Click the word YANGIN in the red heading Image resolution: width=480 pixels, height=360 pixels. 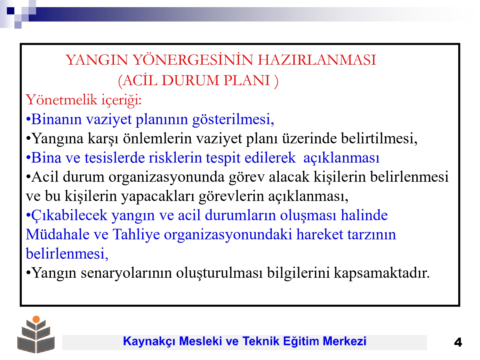(96, 60)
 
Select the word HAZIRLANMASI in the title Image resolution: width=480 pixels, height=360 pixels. (317, 60)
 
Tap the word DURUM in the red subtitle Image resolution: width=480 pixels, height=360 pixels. (190, 80)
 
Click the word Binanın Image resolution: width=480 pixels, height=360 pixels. (56, 119)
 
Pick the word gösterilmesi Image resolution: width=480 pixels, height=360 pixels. (233, 120)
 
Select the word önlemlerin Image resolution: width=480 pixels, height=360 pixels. (157, 138)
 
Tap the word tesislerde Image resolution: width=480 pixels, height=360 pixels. (115, 158)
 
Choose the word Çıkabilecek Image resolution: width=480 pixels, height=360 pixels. (69, 215)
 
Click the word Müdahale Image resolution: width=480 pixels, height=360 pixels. (58, 235)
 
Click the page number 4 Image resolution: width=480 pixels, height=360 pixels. (458, 342)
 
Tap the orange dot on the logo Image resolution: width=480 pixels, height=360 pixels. (36, 319)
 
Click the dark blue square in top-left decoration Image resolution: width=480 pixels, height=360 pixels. (11, 11)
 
